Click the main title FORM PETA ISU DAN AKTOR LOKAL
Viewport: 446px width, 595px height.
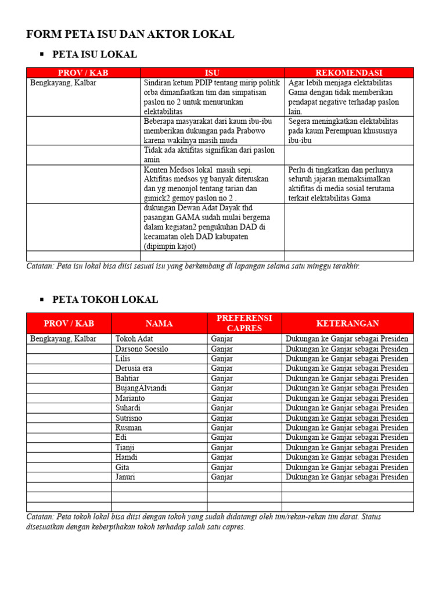point(130,34)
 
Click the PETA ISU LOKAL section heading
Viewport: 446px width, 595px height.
point(95,55)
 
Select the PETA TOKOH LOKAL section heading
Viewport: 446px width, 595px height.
point(105,300)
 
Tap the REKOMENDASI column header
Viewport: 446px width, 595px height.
point(348,73)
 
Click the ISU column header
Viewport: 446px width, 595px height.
point(212,73)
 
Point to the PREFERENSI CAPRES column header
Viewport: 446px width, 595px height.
point(244,323)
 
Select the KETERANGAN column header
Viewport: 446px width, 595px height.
point(347,323)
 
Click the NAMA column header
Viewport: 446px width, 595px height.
point(159,323)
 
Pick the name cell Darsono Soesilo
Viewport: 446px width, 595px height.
point(142,349)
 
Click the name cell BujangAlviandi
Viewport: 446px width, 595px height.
point(141,388)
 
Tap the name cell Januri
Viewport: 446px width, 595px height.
point(126,477)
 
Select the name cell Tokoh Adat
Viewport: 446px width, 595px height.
point(135,339)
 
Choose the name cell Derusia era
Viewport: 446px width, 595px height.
point(134,368)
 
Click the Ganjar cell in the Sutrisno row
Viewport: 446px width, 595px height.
point(222,418)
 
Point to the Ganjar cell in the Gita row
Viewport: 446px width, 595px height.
point(222,467)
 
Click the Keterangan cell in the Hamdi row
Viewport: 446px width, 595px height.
point(347,457)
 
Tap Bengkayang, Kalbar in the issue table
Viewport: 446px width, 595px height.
point(63,83)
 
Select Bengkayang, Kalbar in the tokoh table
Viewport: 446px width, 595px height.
point(63,339)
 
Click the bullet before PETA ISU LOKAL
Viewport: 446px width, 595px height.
point(41,55)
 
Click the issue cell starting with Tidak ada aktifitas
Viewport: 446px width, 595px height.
point(209,155)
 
